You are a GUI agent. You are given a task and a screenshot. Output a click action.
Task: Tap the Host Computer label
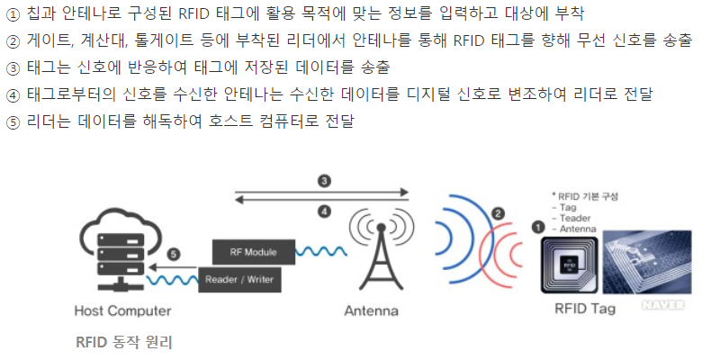pos(122,311)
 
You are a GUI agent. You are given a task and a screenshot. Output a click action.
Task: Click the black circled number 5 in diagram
pos(174,255)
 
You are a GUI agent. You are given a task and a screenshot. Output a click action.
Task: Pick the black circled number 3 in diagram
pos(323,181)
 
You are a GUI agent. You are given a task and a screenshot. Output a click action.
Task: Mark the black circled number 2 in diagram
pos(497,213)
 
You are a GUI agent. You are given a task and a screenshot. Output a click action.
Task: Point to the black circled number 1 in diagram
pos(537,228)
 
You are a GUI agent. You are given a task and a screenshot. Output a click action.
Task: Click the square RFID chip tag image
pos(567,263)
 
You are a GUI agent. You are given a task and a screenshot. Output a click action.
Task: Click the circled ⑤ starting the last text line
pos(13,121)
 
